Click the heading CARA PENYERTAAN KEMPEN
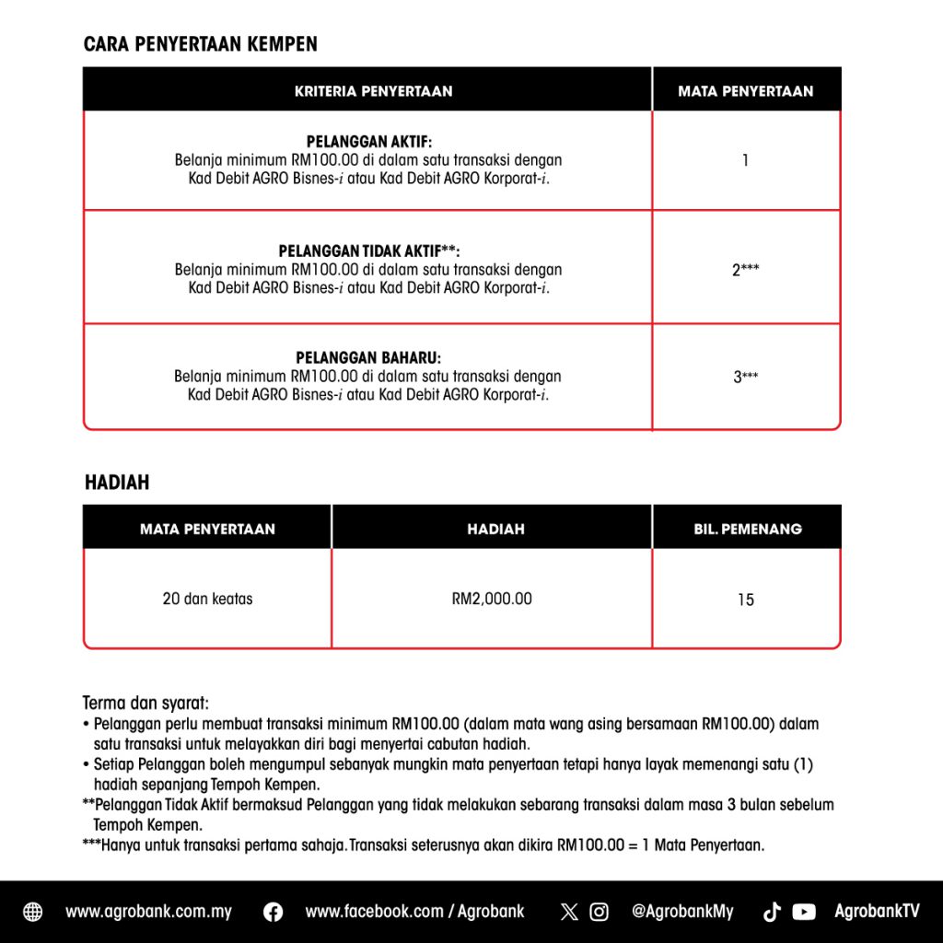tap(200, 44)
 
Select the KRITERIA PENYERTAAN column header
tap(373, 91)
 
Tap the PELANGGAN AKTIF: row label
tap(368, 142)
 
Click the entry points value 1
tap(745, 160)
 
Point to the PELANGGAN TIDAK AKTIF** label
tap(368, 251)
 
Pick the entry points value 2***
tap(745, 270)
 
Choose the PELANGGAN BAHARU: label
tap(368, 357)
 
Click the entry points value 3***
tap(745, 377)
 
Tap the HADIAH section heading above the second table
tap(117, 483)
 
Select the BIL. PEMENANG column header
tap(747, 529)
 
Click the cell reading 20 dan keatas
tap(207, 599)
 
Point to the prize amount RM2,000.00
tap(492, 599)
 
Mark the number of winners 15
tap(745, 600)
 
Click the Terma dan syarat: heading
tap(146, 704)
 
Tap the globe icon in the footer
tap(32, 912)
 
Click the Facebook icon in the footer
tap(273, 912)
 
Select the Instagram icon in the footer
tap(599, 912)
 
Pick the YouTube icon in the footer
tap(804, 912)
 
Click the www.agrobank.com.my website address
tap(148, 912)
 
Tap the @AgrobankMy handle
tap(682, 912)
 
